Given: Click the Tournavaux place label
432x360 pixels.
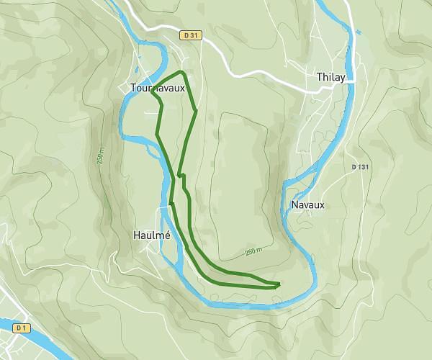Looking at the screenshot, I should (x=158, y=88).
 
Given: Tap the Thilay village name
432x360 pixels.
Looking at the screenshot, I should (x=332, y=76).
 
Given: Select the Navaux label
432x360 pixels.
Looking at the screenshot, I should (x=308, y=204).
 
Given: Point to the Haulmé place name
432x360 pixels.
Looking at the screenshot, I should (x=152, y=235).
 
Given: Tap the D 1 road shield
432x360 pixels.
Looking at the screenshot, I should (x=22, y=328).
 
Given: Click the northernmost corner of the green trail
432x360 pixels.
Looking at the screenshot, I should (x=184, y=73).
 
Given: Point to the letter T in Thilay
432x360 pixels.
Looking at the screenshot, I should (x=319, y=76).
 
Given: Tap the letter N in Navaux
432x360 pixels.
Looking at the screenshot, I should (x=295, y=204).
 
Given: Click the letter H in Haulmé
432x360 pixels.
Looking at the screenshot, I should (x=138, y=235).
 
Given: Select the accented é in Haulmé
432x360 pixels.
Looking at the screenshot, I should (x=167, y=235).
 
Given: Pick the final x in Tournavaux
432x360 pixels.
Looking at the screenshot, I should (x=182, y=88).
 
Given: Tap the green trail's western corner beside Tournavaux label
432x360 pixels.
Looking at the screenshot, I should (x=153, y=91).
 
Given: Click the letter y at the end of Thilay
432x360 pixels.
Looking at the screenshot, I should (x=346, y=78).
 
